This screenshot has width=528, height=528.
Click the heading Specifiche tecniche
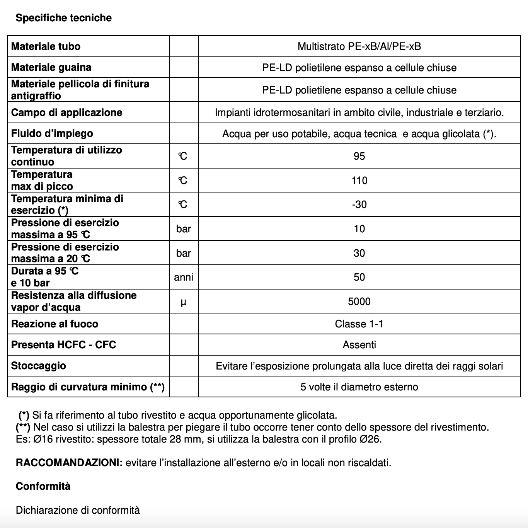click(63, 18)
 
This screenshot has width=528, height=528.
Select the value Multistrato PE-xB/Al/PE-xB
click(359, 46)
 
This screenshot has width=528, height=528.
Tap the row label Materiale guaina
click(51, 67)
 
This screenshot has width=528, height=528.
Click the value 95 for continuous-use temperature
click(359, 156)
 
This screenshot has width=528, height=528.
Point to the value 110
click(359, 181)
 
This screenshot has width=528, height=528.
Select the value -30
click(359, 204)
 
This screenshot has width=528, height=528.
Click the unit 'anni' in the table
click(184, 277)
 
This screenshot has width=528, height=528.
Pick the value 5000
click(359, 301)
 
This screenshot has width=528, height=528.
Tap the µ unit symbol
click(184, 302)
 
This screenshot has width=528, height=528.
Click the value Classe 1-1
click(359, 324)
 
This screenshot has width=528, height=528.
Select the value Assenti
click(359, 345)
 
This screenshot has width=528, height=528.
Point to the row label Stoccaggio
click(38, 366)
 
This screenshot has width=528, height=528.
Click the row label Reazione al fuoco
click(55, 324)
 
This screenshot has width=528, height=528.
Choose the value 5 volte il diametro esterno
click(359, 387)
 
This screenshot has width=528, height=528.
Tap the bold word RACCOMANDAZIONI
click(69, 463)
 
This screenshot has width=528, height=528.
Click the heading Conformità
click(43, 486)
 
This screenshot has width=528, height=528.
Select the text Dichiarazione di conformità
click(78, 510)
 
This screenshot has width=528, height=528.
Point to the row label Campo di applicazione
click(66, 112)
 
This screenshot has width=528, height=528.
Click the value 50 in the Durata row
click(359, 277)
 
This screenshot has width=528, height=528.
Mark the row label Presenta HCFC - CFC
click(63, 345)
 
